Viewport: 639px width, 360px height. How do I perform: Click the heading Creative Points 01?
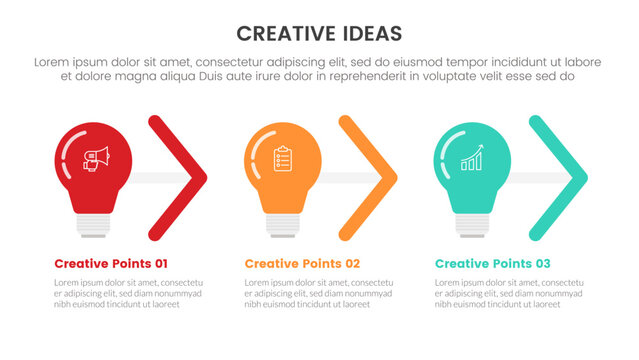coord(111,264)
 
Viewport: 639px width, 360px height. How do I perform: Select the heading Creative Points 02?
coord(301,264)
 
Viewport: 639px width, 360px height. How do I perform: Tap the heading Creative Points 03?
coord(492,264)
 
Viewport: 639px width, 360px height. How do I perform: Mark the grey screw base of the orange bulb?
coord(283,225)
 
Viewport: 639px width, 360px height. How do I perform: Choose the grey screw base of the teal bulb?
coord(472,225)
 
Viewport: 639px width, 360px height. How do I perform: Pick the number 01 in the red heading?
coord(158,264)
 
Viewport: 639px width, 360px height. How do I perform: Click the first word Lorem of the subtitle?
coord(53,62)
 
